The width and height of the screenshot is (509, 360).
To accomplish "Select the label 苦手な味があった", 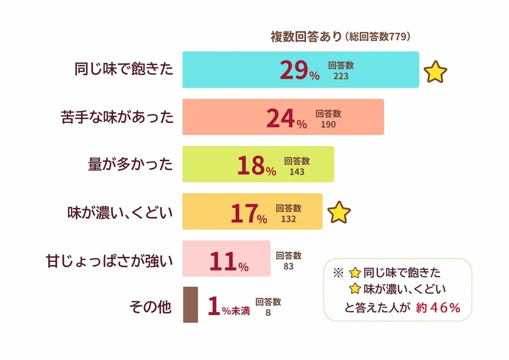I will [x=118, y=116].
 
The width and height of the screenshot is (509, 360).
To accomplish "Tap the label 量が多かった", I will [x=130, y=164].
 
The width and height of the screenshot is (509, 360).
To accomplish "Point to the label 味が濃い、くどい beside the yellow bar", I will [x=120, y=212].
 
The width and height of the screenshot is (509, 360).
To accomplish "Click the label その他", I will [x=151, y=307].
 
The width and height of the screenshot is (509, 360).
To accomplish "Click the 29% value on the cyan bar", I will [x=299, y=70].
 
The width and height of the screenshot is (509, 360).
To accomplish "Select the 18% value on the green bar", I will [x=256, y=165].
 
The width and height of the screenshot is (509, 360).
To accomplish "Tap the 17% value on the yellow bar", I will [x=248, y=213].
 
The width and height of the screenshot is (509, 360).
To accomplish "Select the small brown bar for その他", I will [x=190, y=304].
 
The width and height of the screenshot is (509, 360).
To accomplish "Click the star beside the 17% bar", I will [x=339, y=213].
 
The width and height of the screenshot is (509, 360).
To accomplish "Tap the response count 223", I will [x=341, y=76].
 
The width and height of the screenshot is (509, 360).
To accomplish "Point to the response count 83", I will [x=288, y=265].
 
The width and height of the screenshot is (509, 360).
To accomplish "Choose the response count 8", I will [x=268, y=313].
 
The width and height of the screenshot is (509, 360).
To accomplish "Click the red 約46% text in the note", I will [x=439, y=307].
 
